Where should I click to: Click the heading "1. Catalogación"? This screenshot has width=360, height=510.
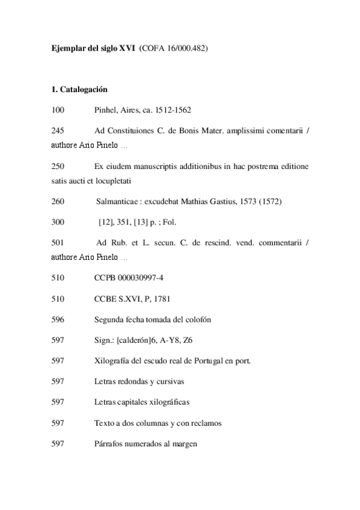click(79, 90)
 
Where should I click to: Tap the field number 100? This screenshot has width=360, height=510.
click(58, 110)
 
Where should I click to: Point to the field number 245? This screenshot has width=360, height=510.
click(58, 131)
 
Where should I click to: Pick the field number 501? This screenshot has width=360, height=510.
click(58, 242)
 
